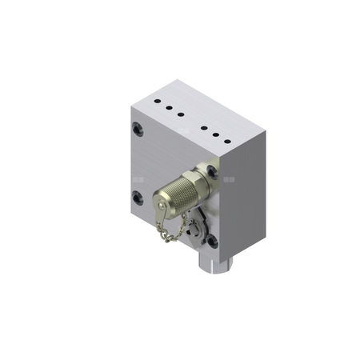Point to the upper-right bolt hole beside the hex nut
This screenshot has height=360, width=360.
point(212,170)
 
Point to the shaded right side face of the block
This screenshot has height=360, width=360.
point(245,200)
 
